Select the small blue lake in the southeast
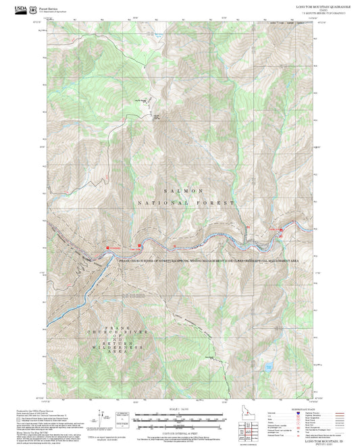pos(268,369)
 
